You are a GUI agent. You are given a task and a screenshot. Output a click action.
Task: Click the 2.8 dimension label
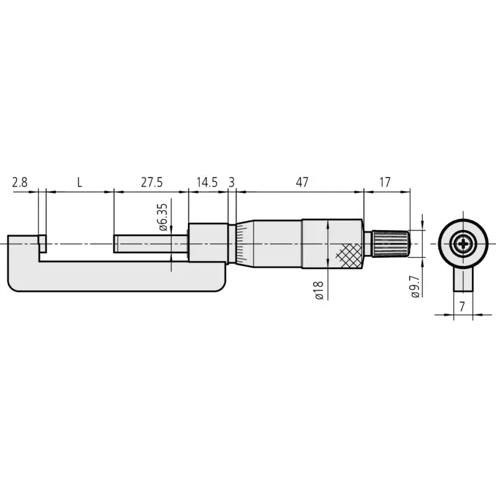[x=20, y=182]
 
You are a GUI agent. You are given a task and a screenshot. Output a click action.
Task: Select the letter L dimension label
[x=80, y=182]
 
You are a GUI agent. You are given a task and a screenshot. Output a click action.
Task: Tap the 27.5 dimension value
[x=151, y=182]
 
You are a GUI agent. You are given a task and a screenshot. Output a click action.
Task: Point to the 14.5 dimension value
[x=207, y=182]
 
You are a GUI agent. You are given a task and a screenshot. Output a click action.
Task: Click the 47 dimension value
[x=302, y=182]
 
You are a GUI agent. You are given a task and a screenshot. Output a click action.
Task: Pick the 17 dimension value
[x=385, y=182]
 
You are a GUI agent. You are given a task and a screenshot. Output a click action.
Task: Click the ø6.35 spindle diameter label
[x=162, y=217]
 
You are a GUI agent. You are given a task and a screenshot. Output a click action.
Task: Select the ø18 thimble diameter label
[x=319, y=290]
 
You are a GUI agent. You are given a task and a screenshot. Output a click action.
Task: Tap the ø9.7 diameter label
[x=415, y=286]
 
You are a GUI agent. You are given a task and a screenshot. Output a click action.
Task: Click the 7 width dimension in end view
[x=462, y=306]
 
